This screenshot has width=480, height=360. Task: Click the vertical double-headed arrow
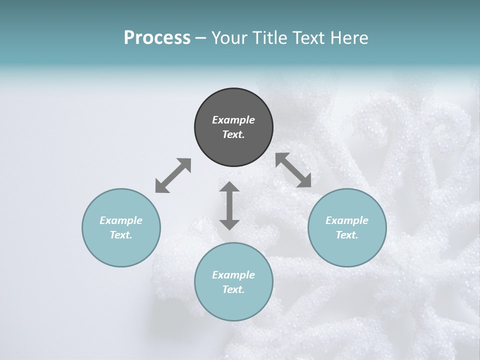pos(229,205)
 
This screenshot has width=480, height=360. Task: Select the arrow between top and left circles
pos(173,175)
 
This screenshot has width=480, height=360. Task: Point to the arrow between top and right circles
pos(293,170)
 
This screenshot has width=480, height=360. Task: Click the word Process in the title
pos(157,37)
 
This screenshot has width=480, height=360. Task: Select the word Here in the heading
pos(349,37)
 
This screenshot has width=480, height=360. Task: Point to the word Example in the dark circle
pos(233,120)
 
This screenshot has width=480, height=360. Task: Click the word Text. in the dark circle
pos(233,134)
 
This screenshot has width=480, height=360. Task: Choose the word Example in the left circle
pos(121,220)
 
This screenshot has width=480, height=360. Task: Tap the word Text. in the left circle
pos(121,235)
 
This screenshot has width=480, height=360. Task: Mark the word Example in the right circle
pos(347,220)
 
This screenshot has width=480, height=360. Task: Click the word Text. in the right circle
pos(347,235)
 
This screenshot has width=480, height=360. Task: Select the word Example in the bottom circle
pos(233,275)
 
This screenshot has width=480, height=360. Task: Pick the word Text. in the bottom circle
pos(233,289)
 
